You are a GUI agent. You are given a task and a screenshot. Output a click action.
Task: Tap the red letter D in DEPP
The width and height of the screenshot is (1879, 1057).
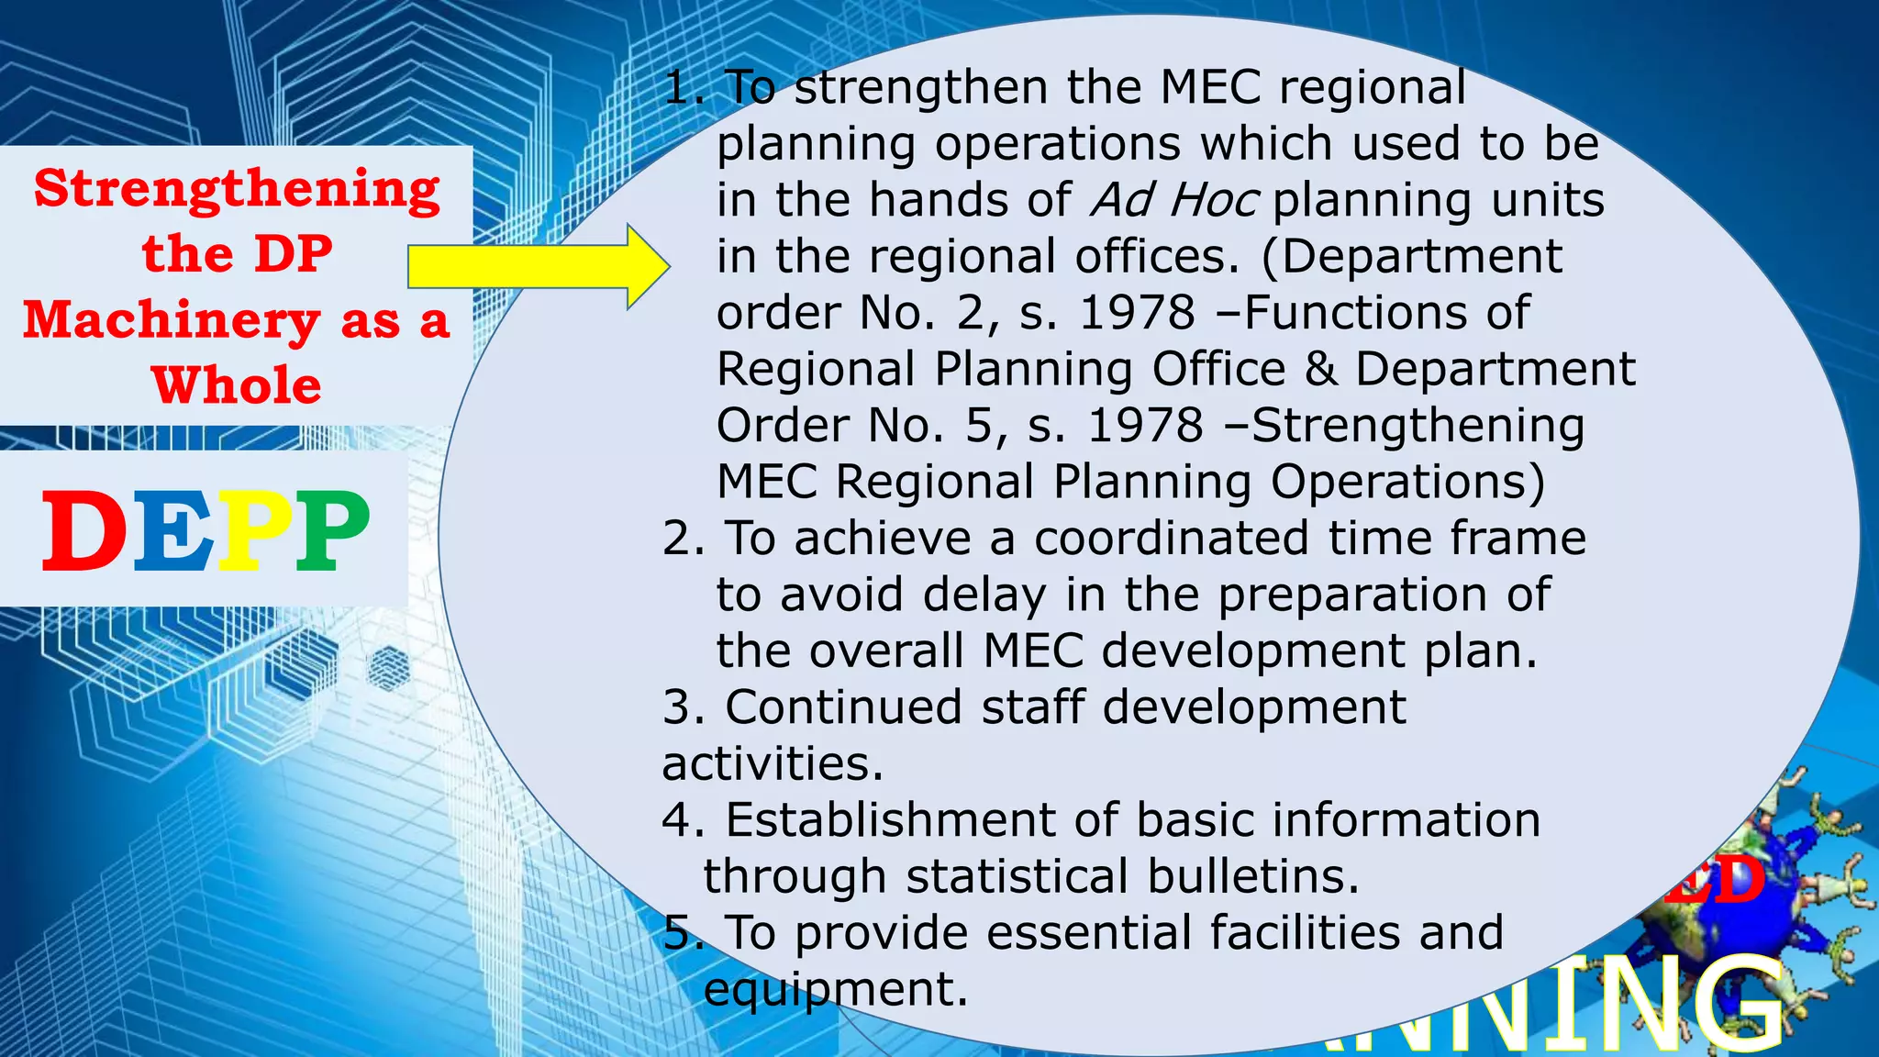pos(84,529)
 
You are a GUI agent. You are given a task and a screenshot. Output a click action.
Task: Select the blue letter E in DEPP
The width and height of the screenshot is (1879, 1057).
pos(173,529)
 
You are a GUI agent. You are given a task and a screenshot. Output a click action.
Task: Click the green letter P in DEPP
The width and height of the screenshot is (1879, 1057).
pos(332,529)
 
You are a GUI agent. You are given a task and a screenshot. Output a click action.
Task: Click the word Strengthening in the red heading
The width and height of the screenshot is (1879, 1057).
pos(237,190)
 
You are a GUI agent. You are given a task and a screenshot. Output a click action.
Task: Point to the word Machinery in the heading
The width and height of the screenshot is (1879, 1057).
pos(172,321)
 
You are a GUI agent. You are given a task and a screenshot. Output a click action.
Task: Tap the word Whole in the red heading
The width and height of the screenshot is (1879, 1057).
pos(237,385)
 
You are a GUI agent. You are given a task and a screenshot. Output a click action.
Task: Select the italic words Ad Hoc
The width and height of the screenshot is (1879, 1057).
pos(1173,200)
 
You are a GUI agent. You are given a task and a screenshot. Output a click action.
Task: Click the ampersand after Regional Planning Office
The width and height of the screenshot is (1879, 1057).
pos(1320,369)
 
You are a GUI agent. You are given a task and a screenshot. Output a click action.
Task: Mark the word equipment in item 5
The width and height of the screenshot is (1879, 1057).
pos(835,990)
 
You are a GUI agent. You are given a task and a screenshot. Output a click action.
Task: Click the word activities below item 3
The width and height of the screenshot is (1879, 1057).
pos(772,763)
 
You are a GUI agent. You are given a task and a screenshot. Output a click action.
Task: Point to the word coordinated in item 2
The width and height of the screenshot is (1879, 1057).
pos(1172,538)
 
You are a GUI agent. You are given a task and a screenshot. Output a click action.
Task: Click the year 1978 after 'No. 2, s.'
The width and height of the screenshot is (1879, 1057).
pos(1138,313)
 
